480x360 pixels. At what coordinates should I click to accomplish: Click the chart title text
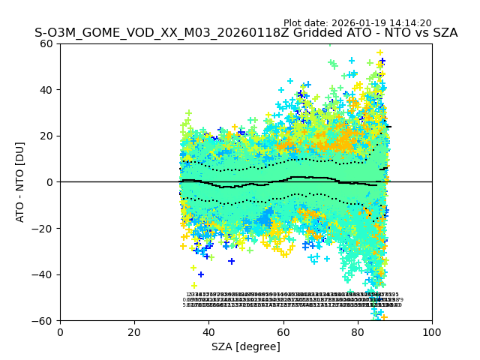coord(246,34)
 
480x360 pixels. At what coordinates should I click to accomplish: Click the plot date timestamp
coord(357,23)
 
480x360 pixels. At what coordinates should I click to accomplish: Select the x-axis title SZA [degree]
coord(246,346)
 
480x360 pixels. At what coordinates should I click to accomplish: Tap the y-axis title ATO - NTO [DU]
coord(20,182)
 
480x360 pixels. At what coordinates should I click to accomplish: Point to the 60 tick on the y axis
coord(47,43)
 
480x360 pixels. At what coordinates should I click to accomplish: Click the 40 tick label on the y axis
coord(47,90)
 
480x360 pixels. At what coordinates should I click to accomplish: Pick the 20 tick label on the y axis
coord(47,136)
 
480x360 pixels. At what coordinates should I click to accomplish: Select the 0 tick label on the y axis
coord(50,182)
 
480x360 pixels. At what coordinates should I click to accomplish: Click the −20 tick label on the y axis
coord(44,229)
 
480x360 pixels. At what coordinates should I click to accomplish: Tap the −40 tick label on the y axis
coord(44,274)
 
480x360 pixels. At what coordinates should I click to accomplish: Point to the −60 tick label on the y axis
coord(44,321)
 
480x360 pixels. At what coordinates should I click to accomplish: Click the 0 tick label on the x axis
coord(60,332)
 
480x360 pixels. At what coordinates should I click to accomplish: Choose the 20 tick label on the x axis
coord(134,332)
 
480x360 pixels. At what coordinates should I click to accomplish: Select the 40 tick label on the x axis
coord(208,332)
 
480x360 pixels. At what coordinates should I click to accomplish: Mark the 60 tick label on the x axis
coord(283,332)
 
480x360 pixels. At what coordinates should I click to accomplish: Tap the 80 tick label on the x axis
coord(358,332)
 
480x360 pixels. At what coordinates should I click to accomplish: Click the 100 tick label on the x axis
coord(432,332)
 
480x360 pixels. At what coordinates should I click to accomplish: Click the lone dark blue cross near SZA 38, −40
coord(201,274)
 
